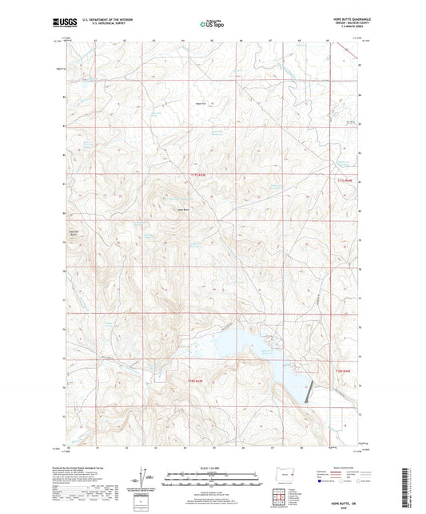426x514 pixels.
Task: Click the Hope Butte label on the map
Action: (x=181, y=210)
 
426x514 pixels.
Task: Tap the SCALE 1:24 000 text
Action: (x=213, y=468)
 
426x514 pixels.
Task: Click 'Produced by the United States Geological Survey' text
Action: (x=89, y=468)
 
